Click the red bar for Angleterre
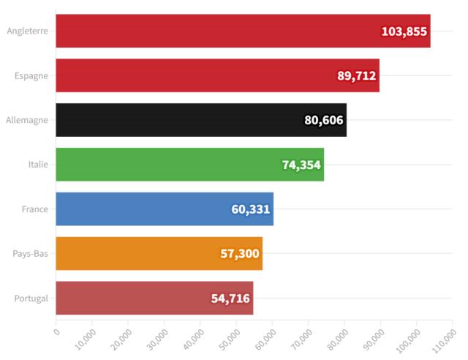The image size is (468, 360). (x=219, y=31)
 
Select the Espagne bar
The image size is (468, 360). (x=205, y=75)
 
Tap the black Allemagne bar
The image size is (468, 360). (x=183, y=120)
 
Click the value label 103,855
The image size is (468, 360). (x=404, y=31)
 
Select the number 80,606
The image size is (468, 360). (x=324, y=121)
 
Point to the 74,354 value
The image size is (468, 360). (x=301, y=165)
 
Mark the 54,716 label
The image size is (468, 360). (x=230, y=299)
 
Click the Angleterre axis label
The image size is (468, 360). (x=27, y=31)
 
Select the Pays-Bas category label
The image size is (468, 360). (x=31, y=254)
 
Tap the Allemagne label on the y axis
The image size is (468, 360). (x=27, y=120)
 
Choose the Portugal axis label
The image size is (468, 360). (x=31, y=298)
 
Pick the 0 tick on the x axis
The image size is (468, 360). (x=56, y=329)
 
